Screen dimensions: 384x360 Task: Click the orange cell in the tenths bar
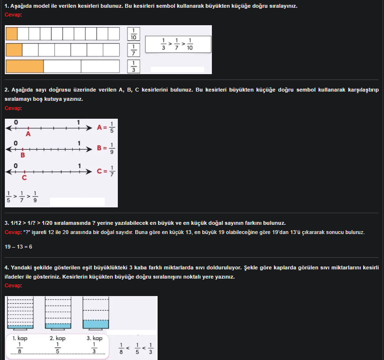coord(12,34)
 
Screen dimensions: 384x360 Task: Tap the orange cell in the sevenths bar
coord(14,50)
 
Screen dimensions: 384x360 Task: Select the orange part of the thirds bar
coord(25,66)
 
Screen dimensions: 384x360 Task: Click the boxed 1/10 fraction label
coord(133,34)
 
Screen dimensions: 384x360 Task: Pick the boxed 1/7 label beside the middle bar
coord(133,50)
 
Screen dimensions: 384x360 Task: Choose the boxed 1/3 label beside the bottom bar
coord(133,66)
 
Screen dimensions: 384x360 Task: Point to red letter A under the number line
coord(28,134)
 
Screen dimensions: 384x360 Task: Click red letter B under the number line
coord(23,155)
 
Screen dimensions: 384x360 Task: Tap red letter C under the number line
coord(24,177)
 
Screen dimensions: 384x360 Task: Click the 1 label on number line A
coord(79,122)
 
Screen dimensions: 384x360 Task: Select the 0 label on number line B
coord(16,143)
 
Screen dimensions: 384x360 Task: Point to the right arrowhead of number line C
coord(89,172)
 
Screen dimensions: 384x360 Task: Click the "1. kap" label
coord(20,338)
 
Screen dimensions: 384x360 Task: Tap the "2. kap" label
coord(58,338)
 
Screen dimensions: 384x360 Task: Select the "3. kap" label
coord(95,338)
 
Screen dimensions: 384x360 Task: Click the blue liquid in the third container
coord(96,324)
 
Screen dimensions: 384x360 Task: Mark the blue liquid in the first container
coord(20,327)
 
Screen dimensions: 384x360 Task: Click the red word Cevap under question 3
coord(13,232)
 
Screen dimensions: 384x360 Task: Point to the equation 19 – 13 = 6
coord(18,247)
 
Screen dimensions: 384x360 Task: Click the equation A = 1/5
coord(106,127)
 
